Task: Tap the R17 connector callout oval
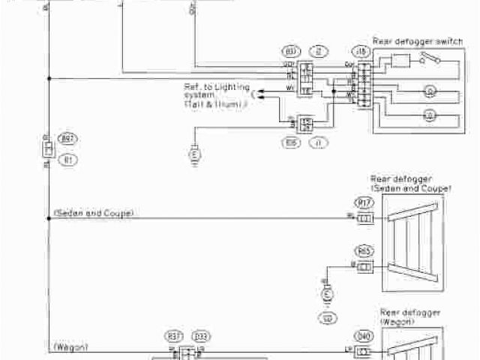(x=364, y=202)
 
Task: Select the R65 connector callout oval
(x=364, y=251)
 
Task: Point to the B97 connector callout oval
(x=68, y=139)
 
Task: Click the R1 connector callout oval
(x=68, y=159)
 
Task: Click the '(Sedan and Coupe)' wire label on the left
(x=94, y=214)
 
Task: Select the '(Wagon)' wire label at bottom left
(x=72, y=347)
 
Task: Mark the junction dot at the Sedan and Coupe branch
(x=49, y=217)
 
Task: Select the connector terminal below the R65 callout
(x=364, y=266)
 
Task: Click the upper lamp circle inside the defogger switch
(x=430, y=92)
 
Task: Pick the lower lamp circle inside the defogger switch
(x=430, y=115)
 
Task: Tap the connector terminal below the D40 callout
(x=364, y=350)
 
